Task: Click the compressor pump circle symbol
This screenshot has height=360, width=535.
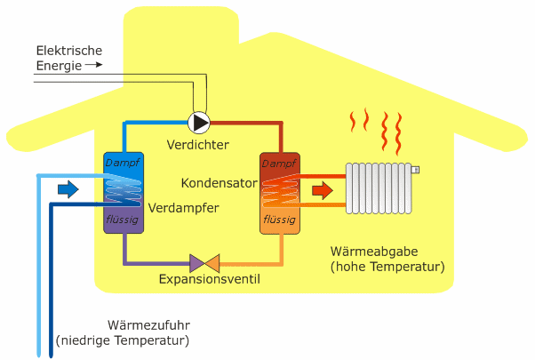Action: pyautogui.click(x=200, y=122)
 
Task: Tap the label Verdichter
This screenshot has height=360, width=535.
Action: pyautogui.click(x=197, y=144)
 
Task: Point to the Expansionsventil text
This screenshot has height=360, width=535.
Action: pyautogui.click(x=210, y=280)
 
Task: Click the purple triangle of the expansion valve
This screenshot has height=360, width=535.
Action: pyautogui.click(x=196, y=262)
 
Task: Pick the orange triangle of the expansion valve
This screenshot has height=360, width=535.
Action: pyautogui.click(x=212, y=262)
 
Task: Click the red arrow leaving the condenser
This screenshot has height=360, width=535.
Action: pyautogui.click(x=323, y=190)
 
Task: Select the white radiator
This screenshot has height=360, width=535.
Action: pyautogui.click(x=380, y=188)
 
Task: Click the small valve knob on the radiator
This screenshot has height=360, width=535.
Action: pyautogui.click(x=416, y=169)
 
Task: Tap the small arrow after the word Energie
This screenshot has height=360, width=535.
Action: pyautogui.click(x=97, y=65)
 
